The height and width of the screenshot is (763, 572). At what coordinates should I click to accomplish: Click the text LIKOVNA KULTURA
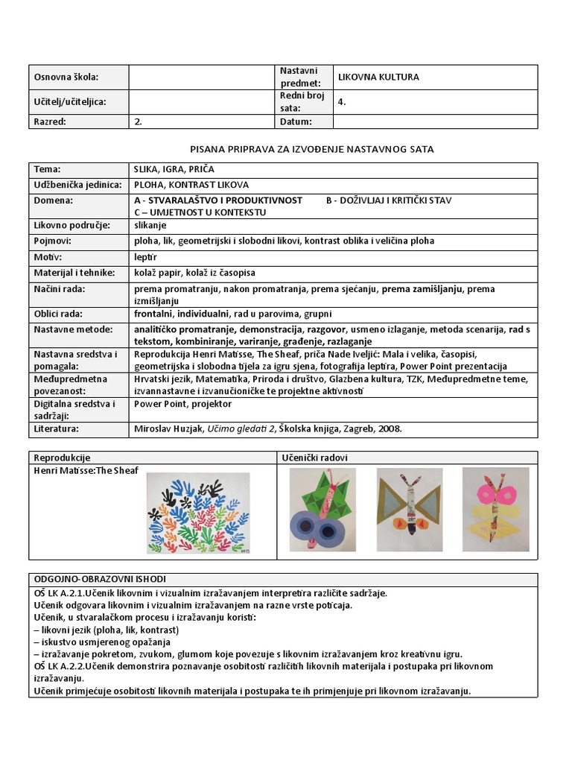[x=378, y=77]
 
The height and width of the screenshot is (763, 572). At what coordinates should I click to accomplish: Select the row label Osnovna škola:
[x=66, y=77]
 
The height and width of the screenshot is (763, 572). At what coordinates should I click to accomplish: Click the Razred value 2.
[x=138, y=121]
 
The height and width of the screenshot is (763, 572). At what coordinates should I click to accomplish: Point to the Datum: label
[x=296, y=121]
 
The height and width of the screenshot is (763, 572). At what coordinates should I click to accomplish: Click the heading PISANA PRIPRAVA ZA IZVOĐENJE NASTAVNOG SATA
[x=312, y=150]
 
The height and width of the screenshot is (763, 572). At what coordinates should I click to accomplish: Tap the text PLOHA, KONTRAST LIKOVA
[x=191, y=185]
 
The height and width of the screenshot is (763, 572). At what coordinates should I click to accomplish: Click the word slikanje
[x=150, y=225]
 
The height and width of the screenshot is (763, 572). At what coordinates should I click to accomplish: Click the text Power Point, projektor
[x=182, y=404]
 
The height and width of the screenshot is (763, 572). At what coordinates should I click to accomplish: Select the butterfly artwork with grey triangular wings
[x=409, y=509]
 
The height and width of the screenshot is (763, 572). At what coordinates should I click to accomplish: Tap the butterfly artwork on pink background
[x=495, y=509]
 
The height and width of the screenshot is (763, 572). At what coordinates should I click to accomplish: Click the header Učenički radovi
[x=315, y=458]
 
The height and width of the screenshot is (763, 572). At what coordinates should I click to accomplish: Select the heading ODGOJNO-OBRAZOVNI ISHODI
[x=101, y=579]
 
